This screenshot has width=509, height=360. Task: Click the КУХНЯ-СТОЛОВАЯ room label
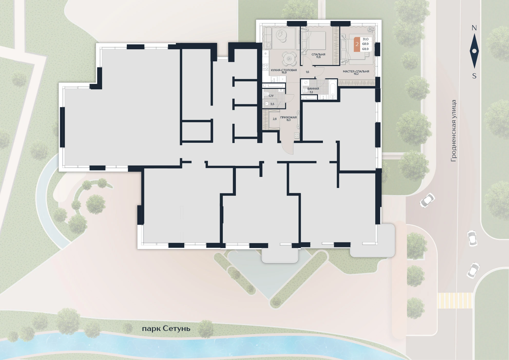(284, 70)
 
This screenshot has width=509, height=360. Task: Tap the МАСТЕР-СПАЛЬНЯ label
(356, 71)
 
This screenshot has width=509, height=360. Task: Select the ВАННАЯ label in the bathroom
(313, 89)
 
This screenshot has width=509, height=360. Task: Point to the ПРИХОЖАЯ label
(289, 117)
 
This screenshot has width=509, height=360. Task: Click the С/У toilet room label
(271, 96)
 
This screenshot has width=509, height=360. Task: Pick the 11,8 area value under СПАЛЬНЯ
(318, 57)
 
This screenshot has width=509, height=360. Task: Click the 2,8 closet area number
(275, 119)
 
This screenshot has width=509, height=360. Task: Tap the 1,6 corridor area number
(308, 72)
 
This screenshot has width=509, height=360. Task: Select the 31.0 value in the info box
(366, 39)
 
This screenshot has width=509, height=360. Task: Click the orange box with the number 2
(357, 44)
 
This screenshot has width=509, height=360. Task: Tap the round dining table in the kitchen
(289, 59)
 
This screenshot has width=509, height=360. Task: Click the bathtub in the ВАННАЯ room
(333, 89)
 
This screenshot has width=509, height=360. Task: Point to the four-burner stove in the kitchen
(265, 68)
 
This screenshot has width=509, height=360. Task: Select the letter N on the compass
(474, 28)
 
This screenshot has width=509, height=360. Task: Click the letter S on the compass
(474, 76)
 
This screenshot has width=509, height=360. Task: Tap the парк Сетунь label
(166, 329)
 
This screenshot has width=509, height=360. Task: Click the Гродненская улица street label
(454, 131)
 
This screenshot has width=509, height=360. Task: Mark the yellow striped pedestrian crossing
(455, 301)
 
